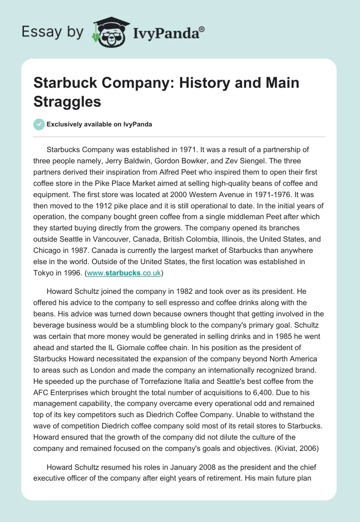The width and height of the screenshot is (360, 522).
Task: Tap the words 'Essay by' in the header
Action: (x=53, y=32)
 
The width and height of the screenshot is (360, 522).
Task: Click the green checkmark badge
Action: (x=39, y=124)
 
